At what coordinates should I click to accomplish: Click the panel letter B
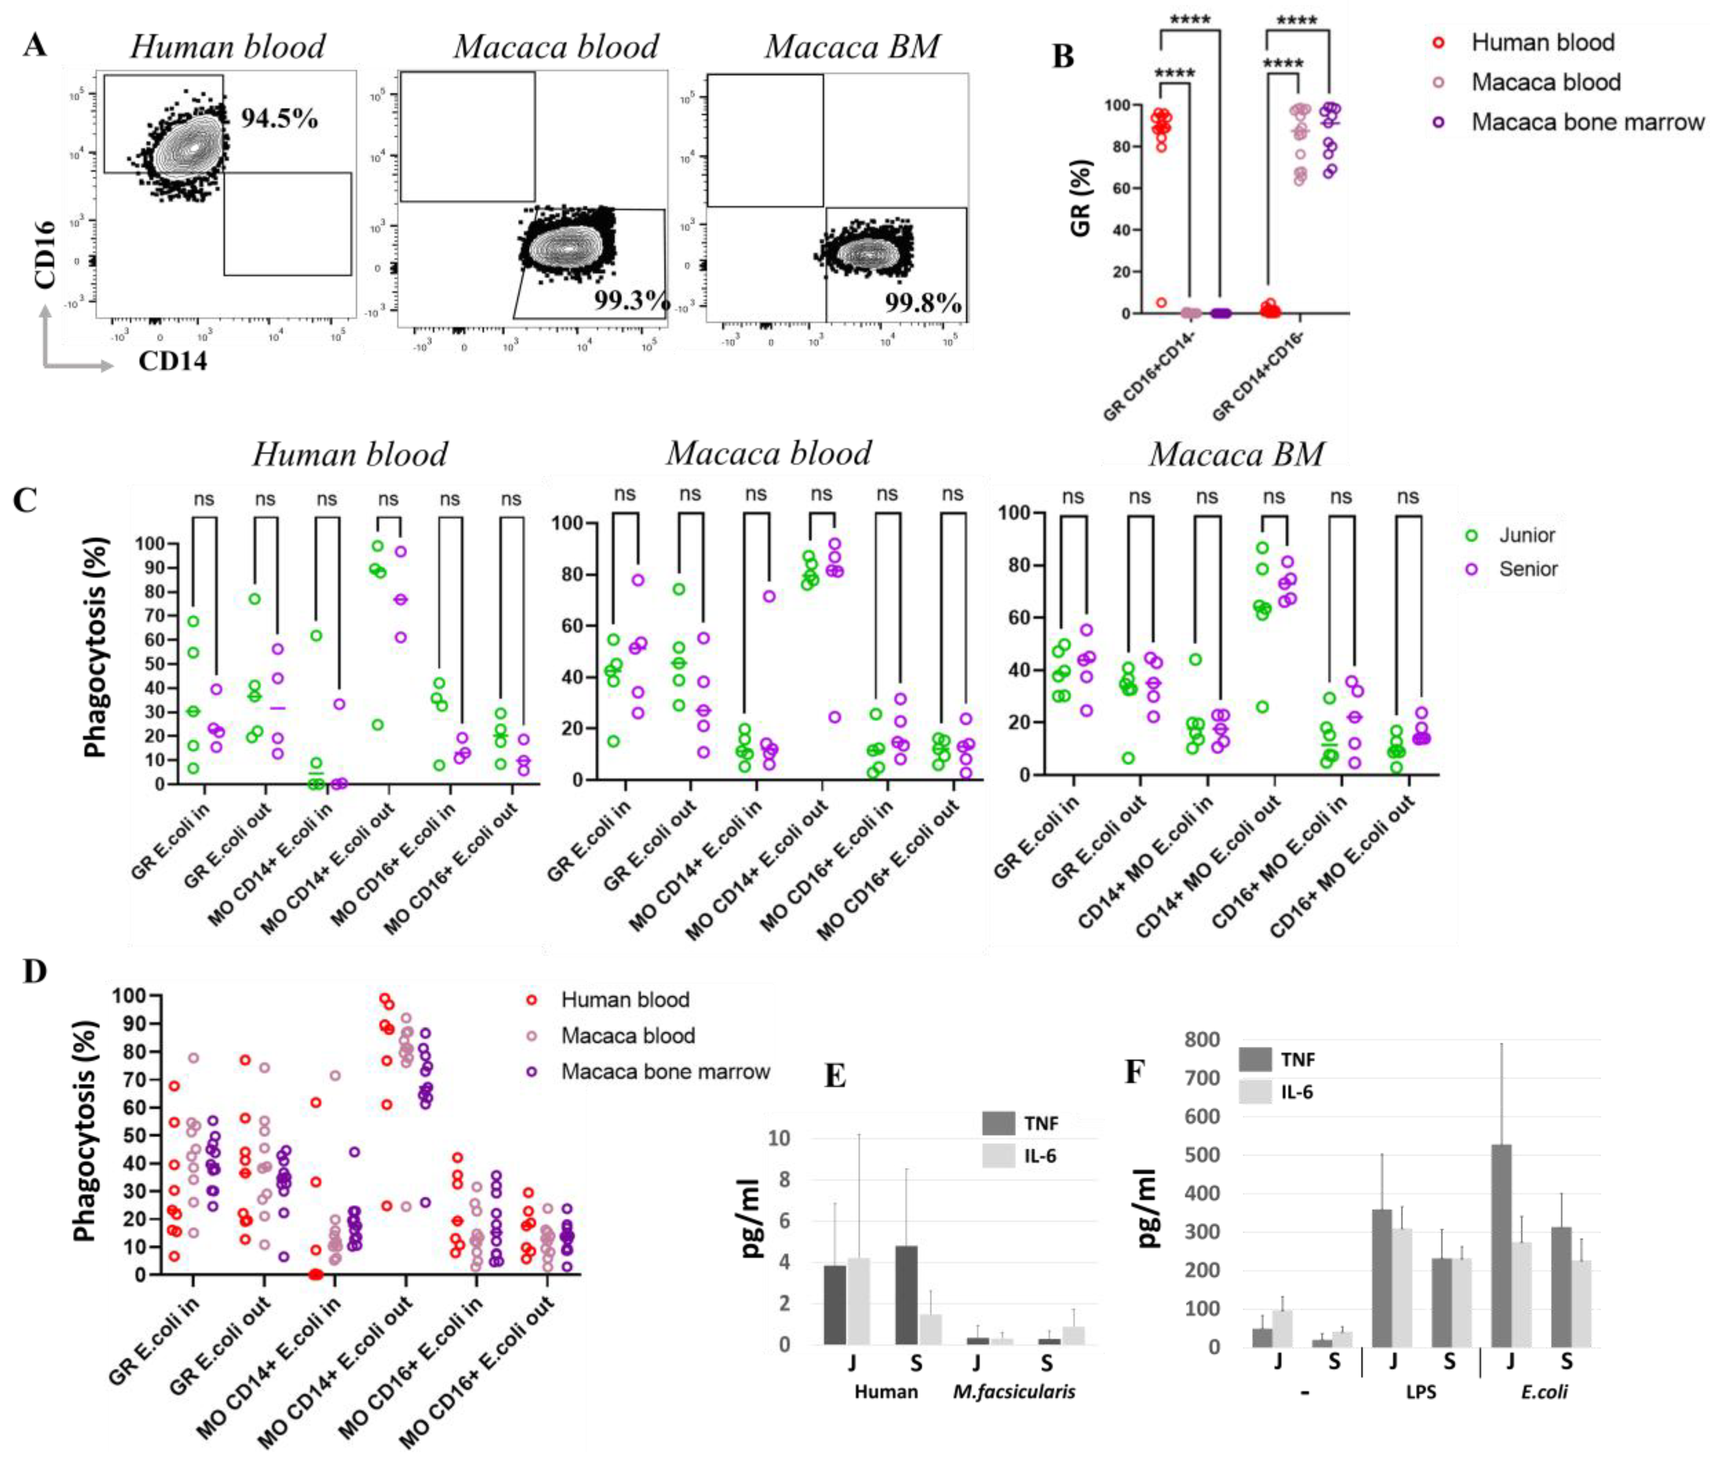[x=1062, y=56]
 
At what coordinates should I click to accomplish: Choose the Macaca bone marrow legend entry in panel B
[x=1587, y=122]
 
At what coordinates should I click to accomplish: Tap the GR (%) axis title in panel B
[x=1081, y=199]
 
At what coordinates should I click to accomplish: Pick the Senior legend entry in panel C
[x=1527, y=569]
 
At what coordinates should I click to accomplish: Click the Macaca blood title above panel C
[x=769, y=453]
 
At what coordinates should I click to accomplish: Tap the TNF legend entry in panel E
[x=1040, y=1123]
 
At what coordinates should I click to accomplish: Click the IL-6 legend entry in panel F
[x=1296, y=1092]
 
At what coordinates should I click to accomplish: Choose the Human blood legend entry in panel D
[x=625, y=1000]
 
